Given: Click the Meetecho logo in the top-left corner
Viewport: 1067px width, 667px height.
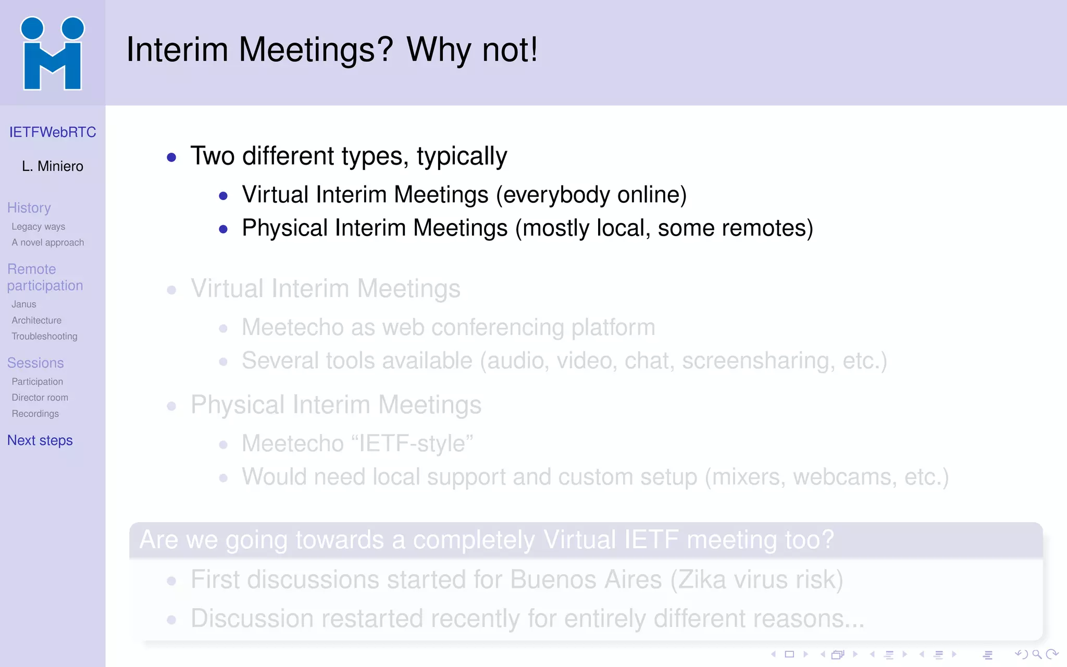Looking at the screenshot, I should pos(52,53).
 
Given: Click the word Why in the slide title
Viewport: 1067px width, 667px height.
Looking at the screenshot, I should pos(439,50).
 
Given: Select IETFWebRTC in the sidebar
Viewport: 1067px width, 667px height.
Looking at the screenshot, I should pos(53,132).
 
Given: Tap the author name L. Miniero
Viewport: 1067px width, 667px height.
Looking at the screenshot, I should pos(53,166).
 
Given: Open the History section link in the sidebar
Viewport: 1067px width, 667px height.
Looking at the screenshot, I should pos(29,208).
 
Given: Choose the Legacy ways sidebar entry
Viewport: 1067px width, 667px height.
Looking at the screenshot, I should pos(39,227).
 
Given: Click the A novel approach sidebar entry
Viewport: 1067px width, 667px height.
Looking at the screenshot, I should pos(48,243).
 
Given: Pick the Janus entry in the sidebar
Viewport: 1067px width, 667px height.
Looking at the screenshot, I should pos(24,304).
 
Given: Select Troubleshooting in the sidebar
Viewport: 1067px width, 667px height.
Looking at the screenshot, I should pos(45,337).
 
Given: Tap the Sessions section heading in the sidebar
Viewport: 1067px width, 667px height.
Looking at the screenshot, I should pos(35,363).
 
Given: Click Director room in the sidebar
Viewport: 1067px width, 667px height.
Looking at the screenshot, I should pos(40,398).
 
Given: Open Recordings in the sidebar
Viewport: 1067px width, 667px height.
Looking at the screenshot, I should pos(35,414).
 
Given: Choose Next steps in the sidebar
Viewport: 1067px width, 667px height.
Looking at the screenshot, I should pos(40,441).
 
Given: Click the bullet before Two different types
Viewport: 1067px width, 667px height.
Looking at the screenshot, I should pos(171,157).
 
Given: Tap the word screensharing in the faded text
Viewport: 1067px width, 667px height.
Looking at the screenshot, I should pos(754,361).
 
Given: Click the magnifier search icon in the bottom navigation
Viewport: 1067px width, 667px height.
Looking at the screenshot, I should pos(1037,654).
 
